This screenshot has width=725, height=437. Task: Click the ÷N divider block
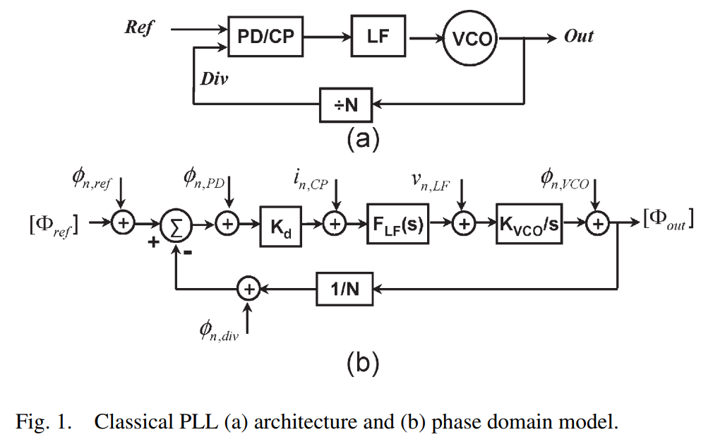347,105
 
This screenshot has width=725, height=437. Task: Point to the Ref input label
138,28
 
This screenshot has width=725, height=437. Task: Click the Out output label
579,36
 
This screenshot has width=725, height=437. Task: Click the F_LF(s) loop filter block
397,225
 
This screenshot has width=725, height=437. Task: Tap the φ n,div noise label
219,330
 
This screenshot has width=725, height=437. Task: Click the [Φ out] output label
668,220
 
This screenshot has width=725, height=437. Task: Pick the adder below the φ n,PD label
228,225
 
